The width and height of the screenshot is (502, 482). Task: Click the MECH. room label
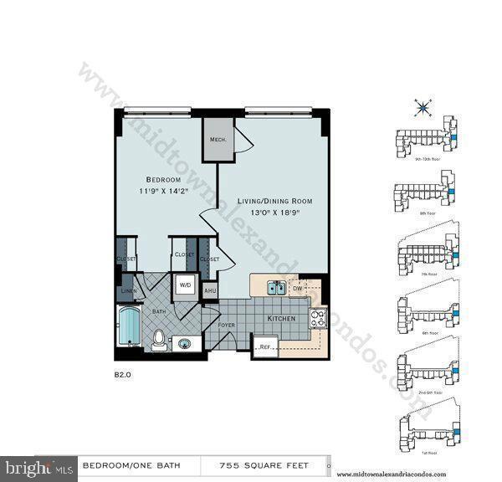point(219,140)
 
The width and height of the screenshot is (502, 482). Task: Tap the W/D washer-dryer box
point(185,285)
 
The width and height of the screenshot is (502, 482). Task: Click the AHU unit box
point(209,289)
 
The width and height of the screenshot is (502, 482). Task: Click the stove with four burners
point(318,318)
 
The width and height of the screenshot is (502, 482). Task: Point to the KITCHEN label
point(280,320)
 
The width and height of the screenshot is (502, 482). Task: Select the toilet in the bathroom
point(158,339)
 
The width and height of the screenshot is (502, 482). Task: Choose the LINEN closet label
point(127,290)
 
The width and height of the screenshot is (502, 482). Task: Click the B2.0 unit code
point(123,376)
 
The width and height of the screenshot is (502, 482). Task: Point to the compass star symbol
point(423,107)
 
